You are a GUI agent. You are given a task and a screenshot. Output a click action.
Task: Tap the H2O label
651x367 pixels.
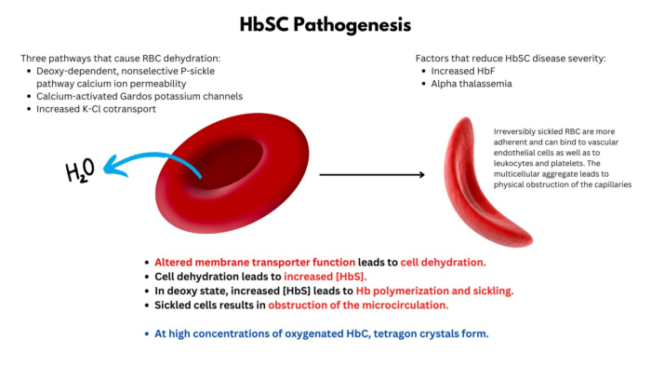point(83,170)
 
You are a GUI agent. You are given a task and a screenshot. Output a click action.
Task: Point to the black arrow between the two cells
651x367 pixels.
point(371,174)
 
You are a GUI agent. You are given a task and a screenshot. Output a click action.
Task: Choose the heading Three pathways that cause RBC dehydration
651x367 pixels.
point(120,57)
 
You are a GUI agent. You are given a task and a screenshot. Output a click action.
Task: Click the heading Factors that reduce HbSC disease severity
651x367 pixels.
point(510,57)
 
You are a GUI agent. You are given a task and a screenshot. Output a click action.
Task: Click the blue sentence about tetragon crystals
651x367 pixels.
point(322,333)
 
